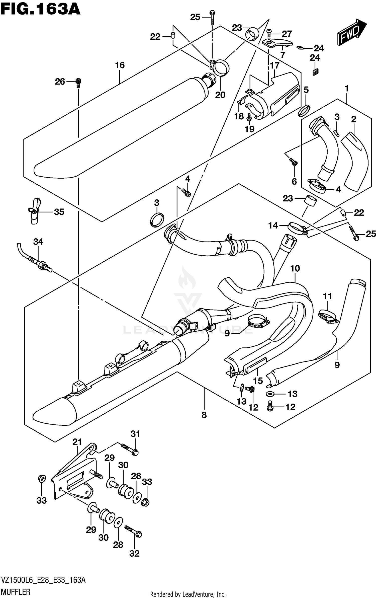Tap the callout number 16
(120, 65)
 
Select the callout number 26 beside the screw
(60, 82)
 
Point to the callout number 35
(59, 212)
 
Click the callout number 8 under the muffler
(204, 415)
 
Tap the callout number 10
(295, 269)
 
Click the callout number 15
(258, 381)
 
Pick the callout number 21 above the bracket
(77, 442)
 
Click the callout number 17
(274, 66)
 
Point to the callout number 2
(353, 119)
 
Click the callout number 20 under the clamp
(220, 95)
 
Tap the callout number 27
(287, 34)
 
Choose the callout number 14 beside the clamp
(273, 226)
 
